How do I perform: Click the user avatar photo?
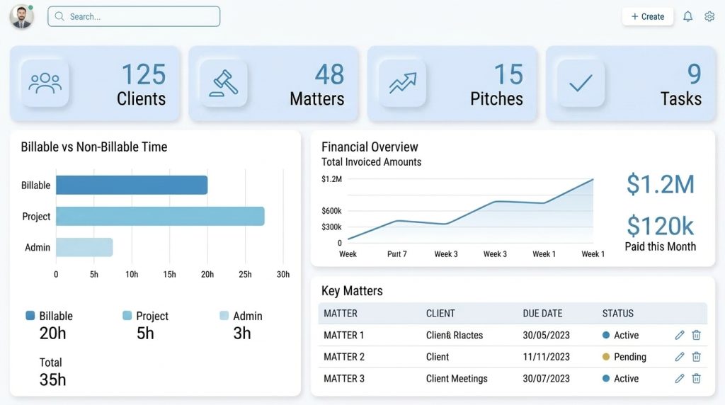point(21,17)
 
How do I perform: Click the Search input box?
point(134,16)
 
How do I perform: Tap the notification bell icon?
point(687,16)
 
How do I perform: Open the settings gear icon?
point(709,16)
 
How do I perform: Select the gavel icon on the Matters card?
point(223,84)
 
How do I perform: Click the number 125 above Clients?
point(143,74)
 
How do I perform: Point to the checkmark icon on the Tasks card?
point(581,84)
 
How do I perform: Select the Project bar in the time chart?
point(160,216)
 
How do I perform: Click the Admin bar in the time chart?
point(84,247)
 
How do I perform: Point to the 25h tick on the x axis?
point(245,274)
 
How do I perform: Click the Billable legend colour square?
point(30,316)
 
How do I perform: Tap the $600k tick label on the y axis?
point(331,211)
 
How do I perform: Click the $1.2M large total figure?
point(660,184)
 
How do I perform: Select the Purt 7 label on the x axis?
point(397,254)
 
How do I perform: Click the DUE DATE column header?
point(542,313)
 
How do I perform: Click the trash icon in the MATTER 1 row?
point(696,335)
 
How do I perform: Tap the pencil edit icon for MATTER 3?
point(680,379)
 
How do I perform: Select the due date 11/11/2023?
point(546,357)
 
